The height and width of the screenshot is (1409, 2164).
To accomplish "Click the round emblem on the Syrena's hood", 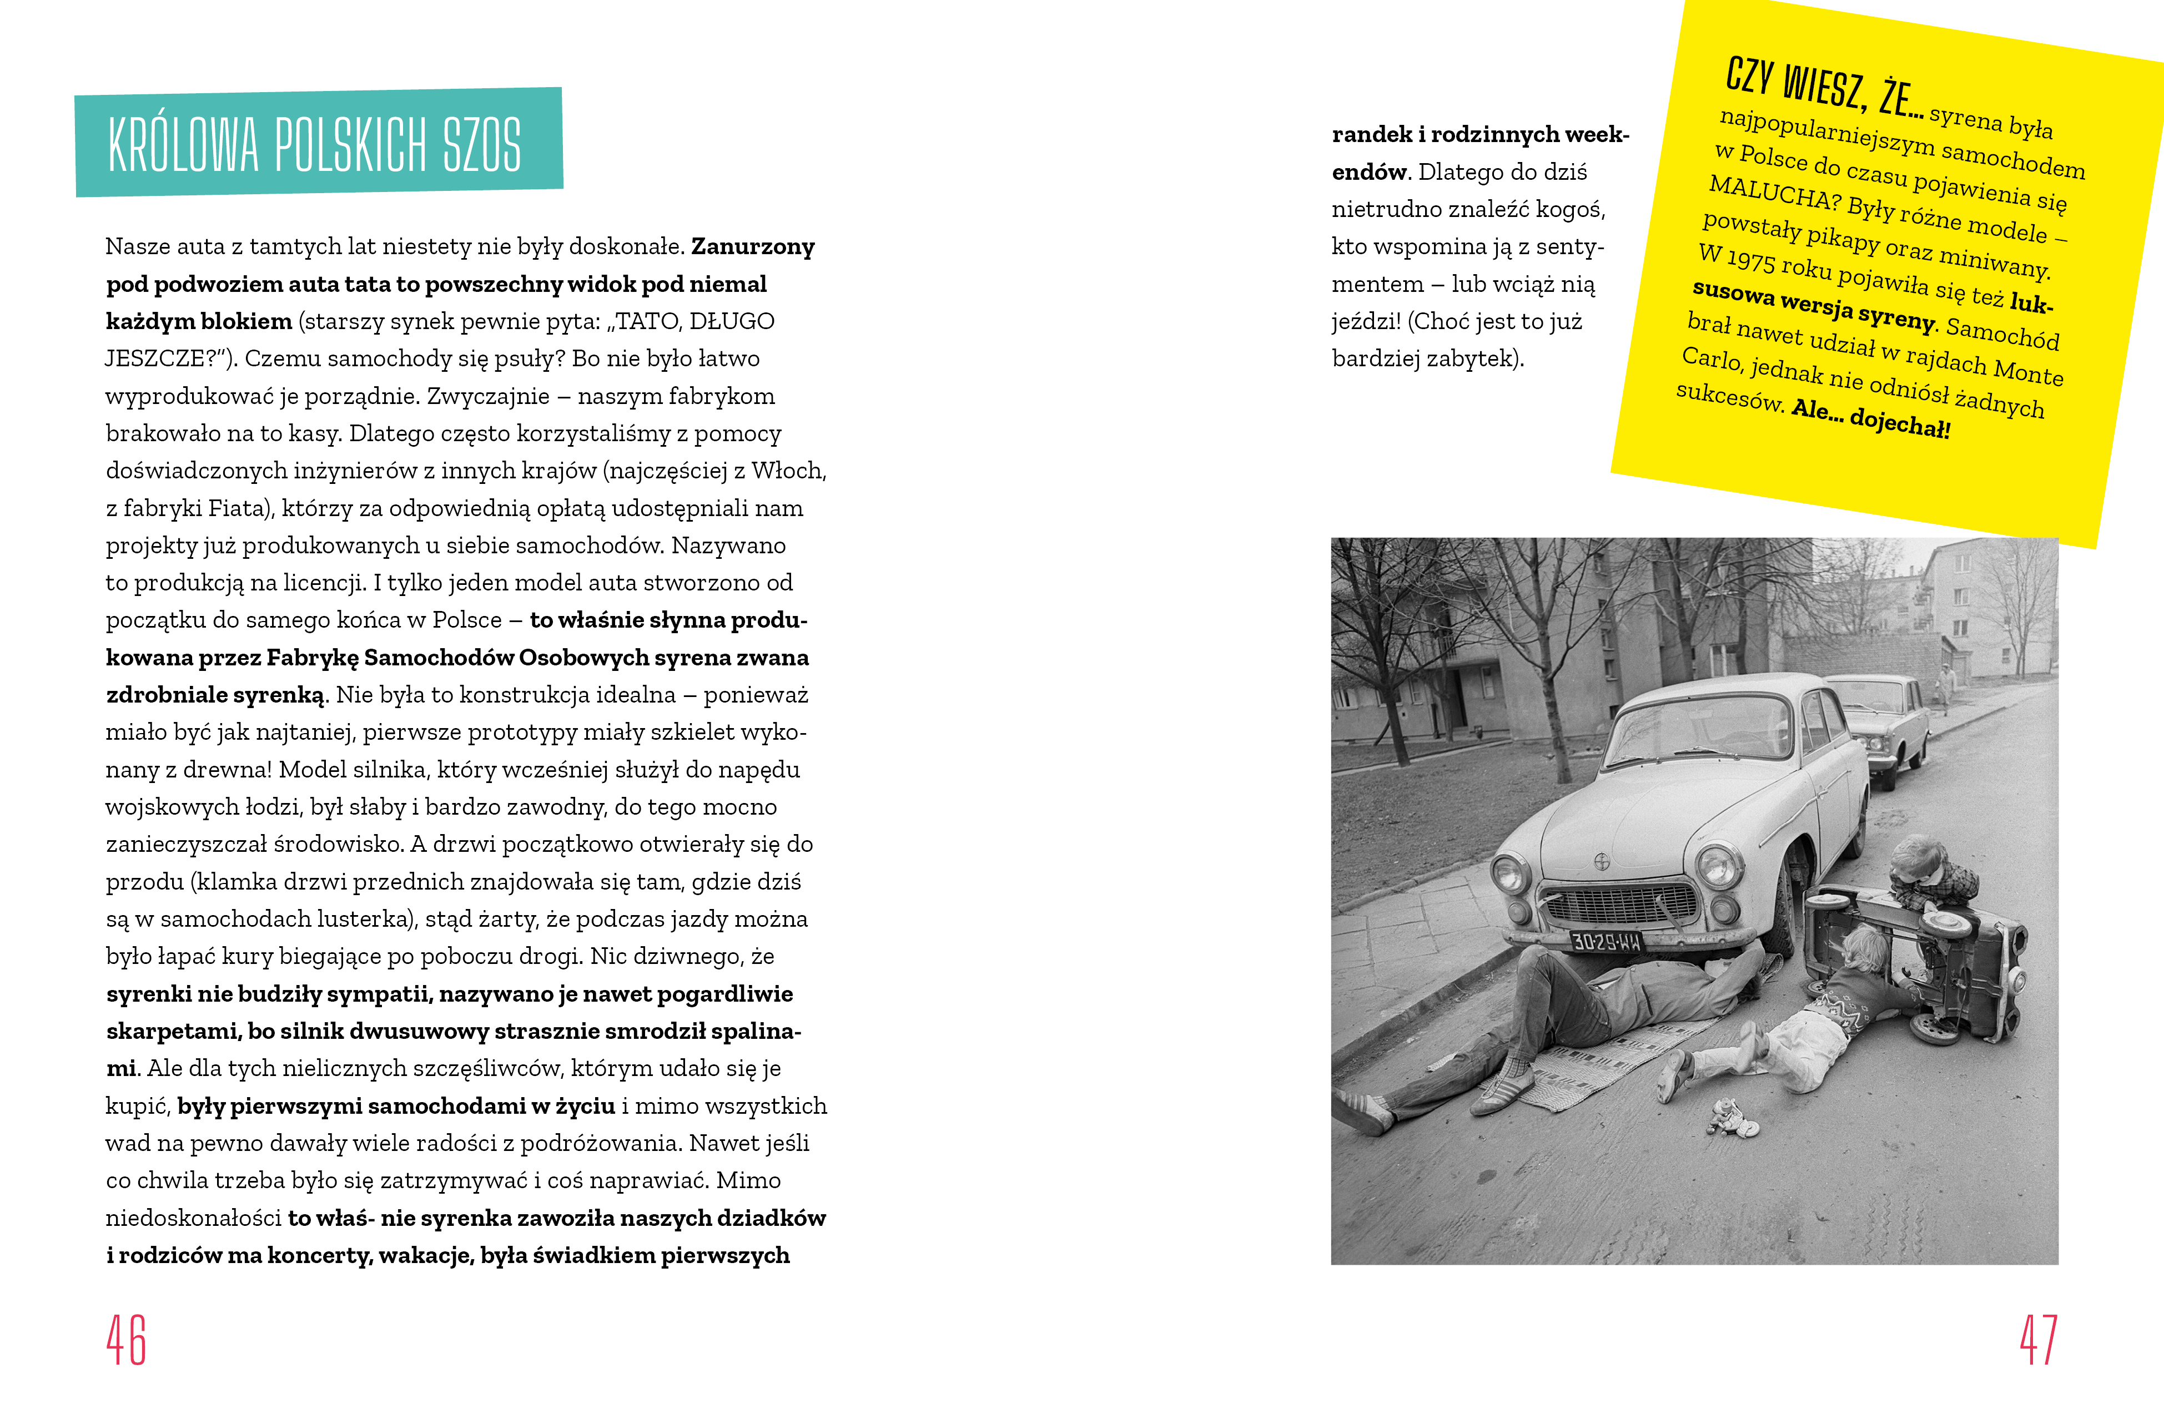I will (1602, 860).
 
